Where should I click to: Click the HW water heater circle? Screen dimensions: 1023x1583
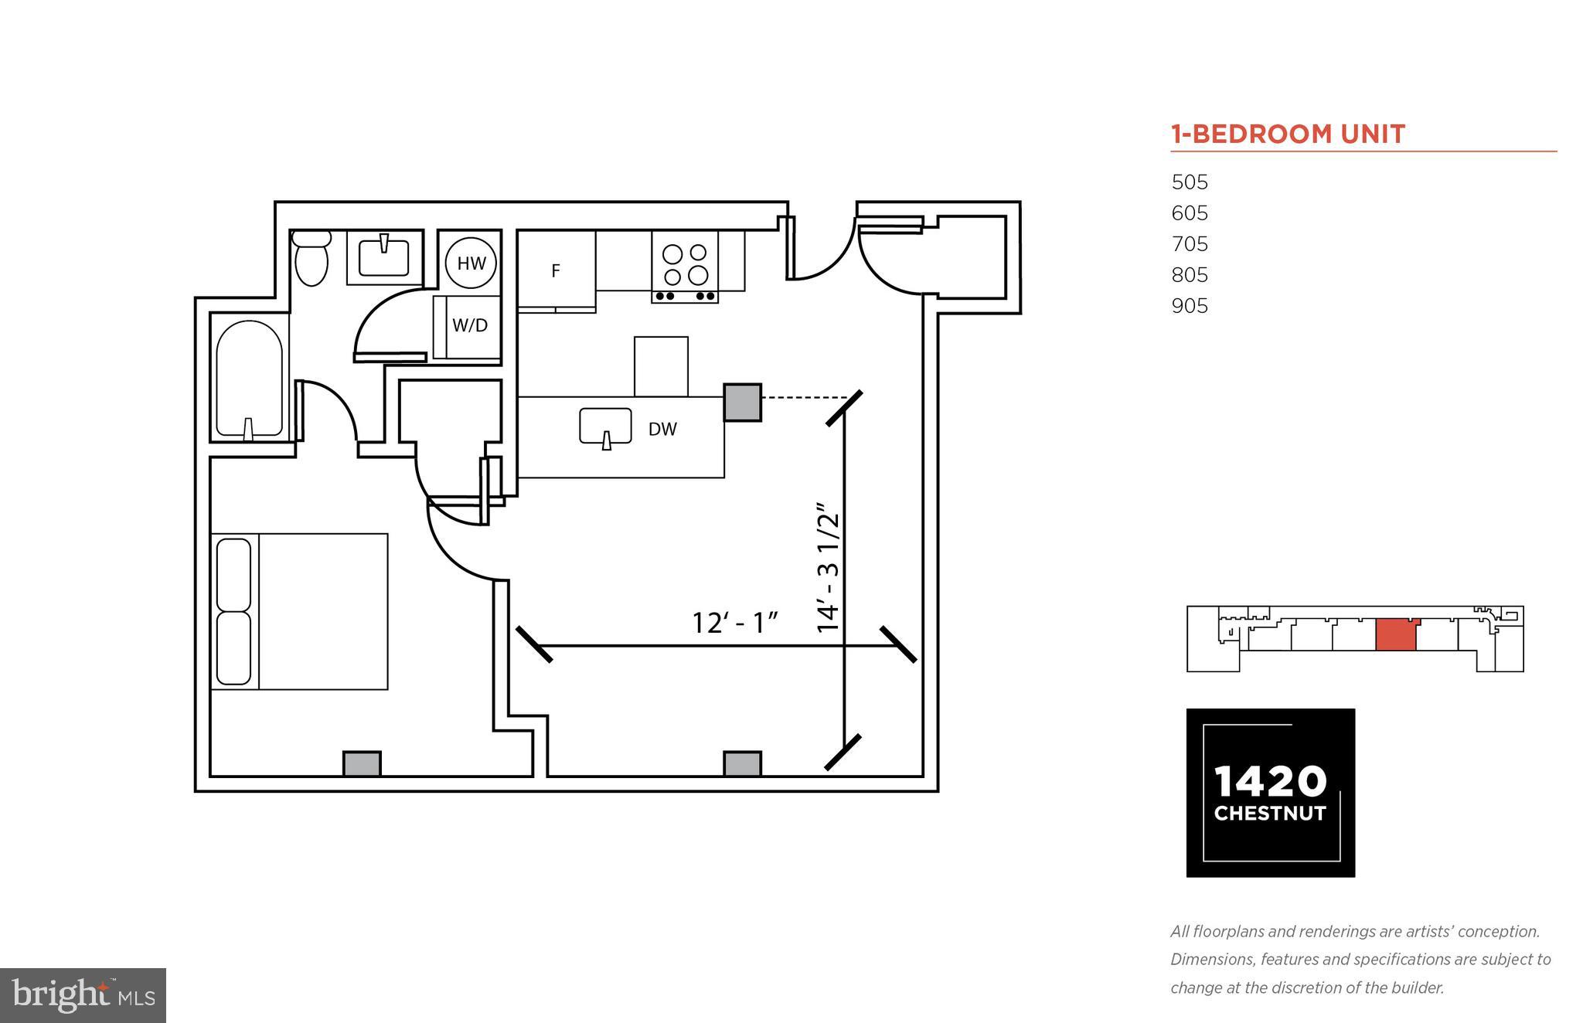pyautogui.click(x=471, y=263)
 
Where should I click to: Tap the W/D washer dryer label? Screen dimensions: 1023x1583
pyautogui.click(x=470, y=325)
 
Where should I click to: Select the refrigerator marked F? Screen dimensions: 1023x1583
pyautogui.click(x=556, y=271)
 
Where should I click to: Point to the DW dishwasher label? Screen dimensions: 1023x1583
pyautogui.click(x=662, y=430)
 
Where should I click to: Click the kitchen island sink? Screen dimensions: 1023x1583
pyautogui.click(x=606, y=426)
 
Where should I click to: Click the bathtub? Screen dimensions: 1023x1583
pyautogui.click(x=248, y=379)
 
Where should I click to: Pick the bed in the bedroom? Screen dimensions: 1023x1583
pyautogui.click(x=300, y=611)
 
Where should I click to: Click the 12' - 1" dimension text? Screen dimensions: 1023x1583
pyautogui.click(x=734, y=623)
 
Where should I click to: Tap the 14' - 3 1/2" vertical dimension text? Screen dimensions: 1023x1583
pyautogui.click(x=828, y=568)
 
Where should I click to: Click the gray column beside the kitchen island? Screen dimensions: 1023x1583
pyautogui.click(x=742, y=403)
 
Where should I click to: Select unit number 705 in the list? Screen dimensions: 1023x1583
pyautogui.click(x=1190, y=244)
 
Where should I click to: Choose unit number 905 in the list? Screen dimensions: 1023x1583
pyautogui.click(x=1190, y=306)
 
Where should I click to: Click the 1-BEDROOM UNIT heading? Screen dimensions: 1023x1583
pyautogui.click(x=1288, y=134)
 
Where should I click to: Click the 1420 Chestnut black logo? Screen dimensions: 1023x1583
pyautogui.click(x=1270, y=793)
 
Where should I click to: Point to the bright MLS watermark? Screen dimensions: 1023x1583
pyautogui.click(x=83, y=995)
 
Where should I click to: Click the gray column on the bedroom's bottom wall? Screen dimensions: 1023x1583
pyautogui.click(x=362, y=763)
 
